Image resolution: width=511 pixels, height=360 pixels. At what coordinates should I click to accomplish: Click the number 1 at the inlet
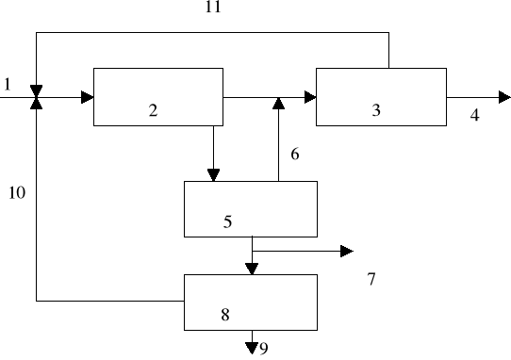(8, 85)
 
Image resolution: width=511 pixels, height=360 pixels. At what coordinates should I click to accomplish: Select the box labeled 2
(157, 96)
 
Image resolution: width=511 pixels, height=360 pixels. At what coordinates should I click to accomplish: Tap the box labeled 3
(381, 96)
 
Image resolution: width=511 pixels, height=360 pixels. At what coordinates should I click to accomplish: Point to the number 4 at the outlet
(474, 115)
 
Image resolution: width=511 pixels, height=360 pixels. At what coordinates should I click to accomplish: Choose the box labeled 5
(250, 208)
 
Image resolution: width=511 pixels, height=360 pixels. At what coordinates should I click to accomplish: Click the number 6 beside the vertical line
(295, 154)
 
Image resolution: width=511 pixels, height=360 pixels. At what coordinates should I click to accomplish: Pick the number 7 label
(371, 279)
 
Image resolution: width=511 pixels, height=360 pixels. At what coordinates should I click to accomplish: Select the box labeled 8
(250, 302)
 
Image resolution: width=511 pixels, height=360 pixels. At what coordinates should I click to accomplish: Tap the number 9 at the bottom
(264, 349)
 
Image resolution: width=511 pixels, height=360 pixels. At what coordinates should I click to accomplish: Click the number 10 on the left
(17, 193)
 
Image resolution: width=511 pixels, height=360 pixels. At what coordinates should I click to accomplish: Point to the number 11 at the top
(213, 8)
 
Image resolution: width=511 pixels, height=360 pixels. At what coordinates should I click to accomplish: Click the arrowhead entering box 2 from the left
(87, 96)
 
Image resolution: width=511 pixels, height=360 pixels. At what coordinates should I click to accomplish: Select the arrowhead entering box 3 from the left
(309, 96)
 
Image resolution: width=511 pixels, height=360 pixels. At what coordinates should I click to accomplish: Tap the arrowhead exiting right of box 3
(504, 96)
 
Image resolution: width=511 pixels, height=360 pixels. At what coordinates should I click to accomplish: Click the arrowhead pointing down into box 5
(213, 174)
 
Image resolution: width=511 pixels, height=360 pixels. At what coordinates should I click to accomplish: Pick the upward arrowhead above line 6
(277, 103)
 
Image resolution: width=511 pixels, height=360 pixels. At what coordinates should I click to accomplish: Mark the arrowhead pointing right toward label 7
(347, 251)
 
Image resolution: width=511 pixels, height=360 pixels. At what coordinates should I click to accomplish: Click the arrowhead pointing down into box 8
(252, 269)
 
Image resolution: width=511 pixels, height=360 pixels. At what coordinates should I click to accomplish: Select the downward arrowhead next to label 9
(252, 348)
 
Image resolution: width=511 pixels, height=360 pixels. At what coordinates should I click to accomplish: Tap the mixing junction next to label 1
(36, 96)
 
